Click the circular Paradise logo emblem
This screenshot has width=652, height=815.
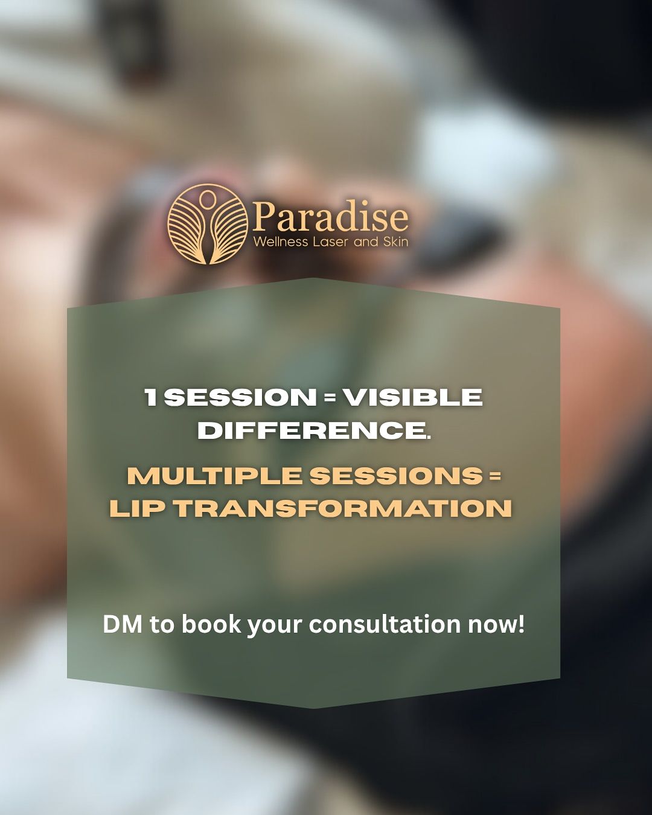[208, 224]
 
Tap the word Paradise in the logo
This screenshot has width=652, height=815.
[330, 216]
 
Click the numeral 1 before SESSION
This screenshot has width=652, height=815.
[151, 397]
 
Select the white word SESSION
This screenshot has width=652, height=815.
[240, 397]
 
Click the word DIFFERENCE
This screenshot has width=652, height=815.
[314, 430]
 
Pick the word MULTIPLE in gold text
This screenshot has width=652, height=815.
[214, 476]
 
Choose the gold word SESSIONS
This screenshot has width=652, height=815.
[396, 476]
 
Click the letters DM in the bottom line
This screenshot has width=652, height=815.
[123, 624]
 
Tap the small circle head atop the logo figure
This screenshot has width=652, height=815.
[207, 198]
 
